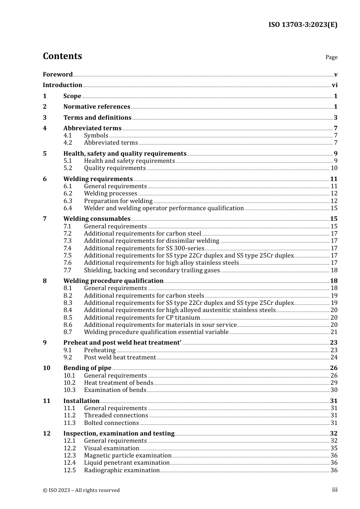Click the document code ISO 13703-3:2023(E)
tap(303, 25)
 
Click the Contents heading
tap(63, 56)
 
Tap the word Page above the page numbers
tap(331, 57)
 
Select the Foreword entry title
tap(58, 75)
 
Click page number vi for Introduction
tap(335, 85)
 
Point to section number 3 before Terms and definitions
tap(45, 118)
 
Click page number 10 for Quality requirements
tap(334, 168)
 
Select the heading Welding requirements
tap(98, 179)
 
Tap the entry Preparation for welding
tap(118, 201)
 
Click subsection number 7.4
tap(67, 248)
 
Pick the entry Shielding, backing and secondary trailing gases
tap(152, 270)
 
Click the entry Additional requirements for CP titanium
tap(142, 318)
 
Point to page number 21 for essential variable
tap(334, 332)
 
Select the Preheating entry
tap(100, 350)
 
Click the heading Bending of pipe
tap(87, 368)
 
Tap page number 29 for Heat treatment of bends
tap(334, 383)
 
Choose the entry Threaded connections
tap(116, 415)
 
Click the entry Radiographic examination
tap(122, 470)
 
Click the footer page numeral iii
tap(335, 490)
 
